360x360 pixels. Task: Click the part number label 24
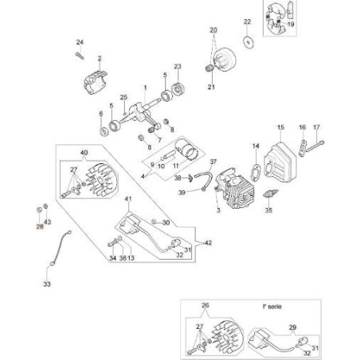(x=80, y=41)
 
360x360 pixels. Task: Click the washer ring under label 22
(x=248, y=41)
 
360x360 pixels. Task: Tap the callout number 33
(x=46, y=282)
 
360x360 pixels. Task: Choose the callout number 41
(x=128, y=198)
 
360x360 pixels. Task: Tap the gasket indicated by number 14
(x=256, y=168)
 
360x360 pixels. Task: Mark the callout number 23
(x=178, y=66)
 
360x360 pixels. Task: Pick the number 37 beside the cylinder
(x=213, y=161)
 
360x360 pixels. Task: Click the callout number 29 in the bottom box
(x=292, y=327)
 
